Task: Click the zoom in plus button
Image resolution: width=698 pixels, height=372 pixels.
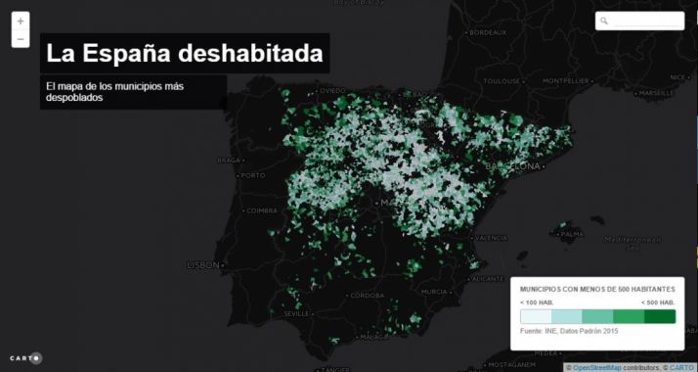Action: point(21,20)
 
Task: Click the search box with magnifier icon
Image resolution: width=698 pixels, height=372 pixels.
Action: point(640,21)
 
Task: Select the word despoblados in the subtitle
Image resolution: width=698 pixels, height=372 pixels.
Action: point(74,98)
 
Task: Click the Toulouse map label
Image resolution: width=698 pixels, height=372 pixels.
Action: point(503,80)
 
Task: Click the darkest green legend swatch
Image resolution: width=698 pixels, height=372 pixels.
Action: point(660,316)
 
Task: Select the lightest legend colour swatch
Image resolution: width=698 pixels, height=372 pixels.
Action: point(536,316)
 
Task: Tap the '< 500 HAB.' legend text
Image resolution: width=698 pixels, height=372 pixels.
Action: point(657,302)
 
